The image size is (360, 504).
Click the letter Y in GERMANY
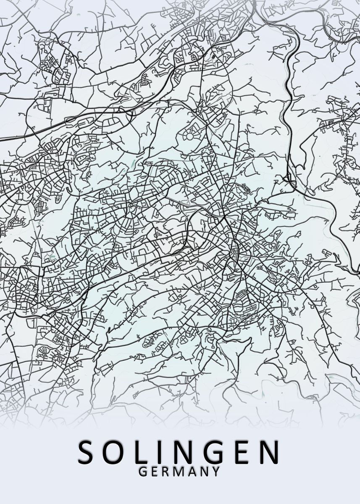215,472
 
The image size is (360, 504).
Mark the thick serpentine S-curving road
289,105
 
